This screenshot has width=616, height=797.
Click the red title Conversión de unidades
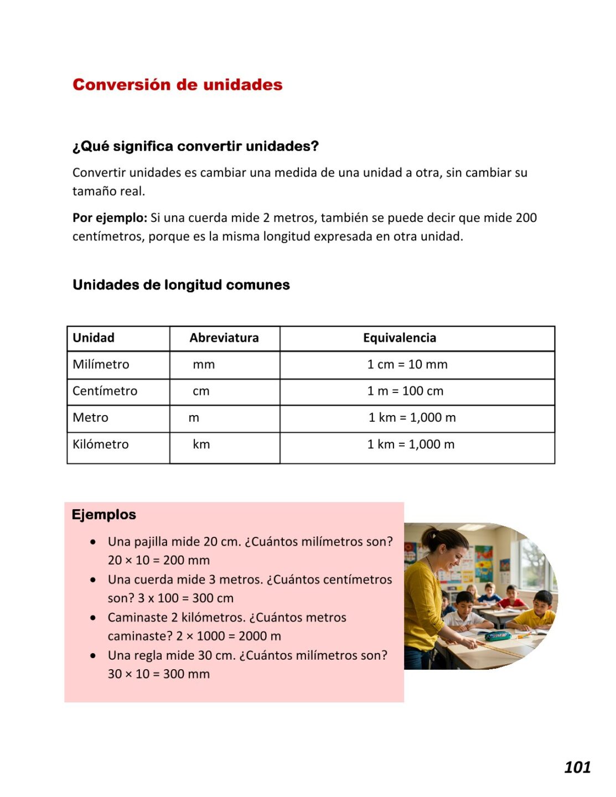point(177,85)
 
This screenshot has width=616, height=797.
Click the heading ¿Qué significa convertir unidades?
point(195,146)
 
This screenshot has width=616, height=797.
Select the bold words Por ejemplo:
point(110,218)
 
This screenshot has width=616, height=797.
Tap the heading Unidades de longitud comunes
point(181,285)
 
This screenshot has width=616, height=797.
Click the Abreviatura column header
point(224,338)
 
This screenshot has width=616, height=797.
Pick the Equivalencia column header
point(399,338)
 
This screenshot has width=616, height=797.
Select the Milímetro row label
point(101,364)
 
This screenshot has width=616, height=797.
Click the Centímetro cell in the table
point(105,391)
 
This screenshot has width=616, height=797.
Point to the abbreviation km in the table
point(201,444)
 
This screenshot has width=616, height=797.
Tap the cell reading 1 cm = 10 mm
point(407,364)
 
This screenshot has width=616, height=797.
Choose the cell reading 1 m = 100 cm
point(405,391)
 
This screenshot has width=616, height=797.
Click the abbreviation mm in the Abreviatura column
point(204,364)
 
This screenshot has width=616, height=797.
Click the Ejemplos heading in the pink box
point(103,514)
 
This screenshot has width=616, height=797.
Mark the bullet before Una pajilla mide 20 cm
point(93,542)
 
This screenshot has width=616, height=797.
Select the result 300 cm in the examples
point(213,598)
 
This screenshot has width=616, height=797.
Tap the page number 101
point(577,767)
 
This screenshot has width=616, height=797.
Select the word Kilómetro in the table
point(100,444)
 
